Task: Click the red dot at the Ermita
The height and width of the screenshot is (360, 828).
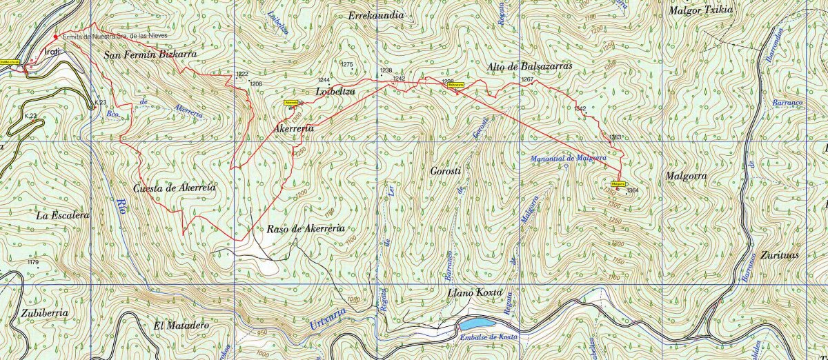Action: click(x=56, y=37)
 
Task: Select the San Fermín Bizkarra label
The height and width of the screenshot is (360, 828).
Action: click(x=150, y=53)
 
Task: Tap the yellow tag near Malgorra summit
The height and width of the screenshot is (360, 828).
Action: click(x=618, y=184)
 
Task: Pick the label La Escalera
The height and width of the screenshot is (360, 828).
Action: click(x=63, y=216)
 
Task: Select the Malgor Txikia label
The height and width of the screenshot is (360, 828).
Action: click(x=701, y=10)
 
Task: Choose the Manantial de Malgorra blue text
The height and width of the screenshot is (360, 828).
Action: click(x=569, y=159)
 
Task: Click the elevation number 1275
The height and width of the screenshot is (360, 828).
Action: click(x=347, y=65)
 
